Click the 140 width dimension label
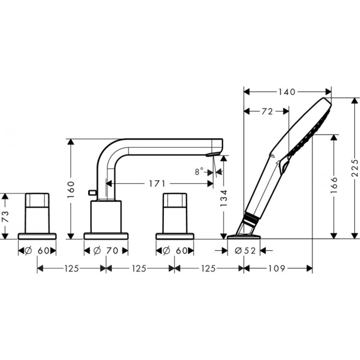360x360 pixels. pyautogui.click(x=286, y=92)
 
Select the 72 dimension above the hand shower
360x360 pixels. pyautogui.click(x=267, y=111)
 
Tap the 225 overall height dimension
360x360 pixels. pyautogui.click(x=354, y=168)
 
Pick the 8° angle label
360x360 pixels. pyautogui.click(x=198, y=171)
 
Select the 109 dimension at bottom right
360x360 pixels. pyautogui.click(x=277, y=269)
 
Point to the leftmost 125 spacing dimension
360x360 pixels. pyautogui.click(x=71, y=269)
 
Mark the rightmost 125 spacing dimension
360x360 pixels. pyautogui.click(x=208, y=269)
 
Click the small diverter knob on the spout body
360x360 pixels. pyautogui.click(x=92, y=194)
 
